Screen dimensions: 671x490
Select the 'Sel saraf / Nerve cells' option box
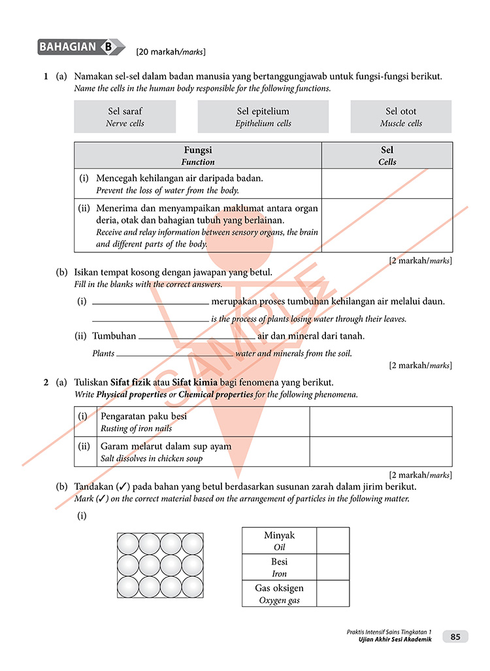coord(125,116)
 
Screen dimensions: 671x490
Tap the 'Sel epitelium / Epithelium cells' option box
coord(263,116)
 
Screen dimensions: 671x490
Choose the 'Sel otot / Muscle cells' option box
coord(400,116)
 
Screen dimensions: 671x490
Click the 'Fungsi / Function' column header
coord(198,156)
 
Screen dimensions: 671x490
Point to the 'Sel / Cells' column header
coord(387,156)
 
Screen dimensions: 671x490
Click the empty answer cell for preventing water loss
coord(387,184)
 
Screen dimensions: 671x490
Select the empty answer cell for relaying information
coord(387,225)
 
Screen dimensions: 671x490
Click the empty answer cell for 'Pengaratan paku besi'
coord(380,422)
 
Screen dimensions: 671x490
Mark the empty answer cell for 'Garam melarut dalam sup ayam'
coord(380,451)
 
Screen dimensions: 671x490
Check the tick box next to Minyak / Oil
coord(333,541)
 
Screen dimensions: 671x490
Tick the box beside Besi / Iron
coord(333,567)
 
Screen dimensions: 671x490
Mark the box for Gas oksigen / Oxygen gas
coord(333,593)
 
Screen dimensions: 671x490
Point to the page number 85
coord(455,636)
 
